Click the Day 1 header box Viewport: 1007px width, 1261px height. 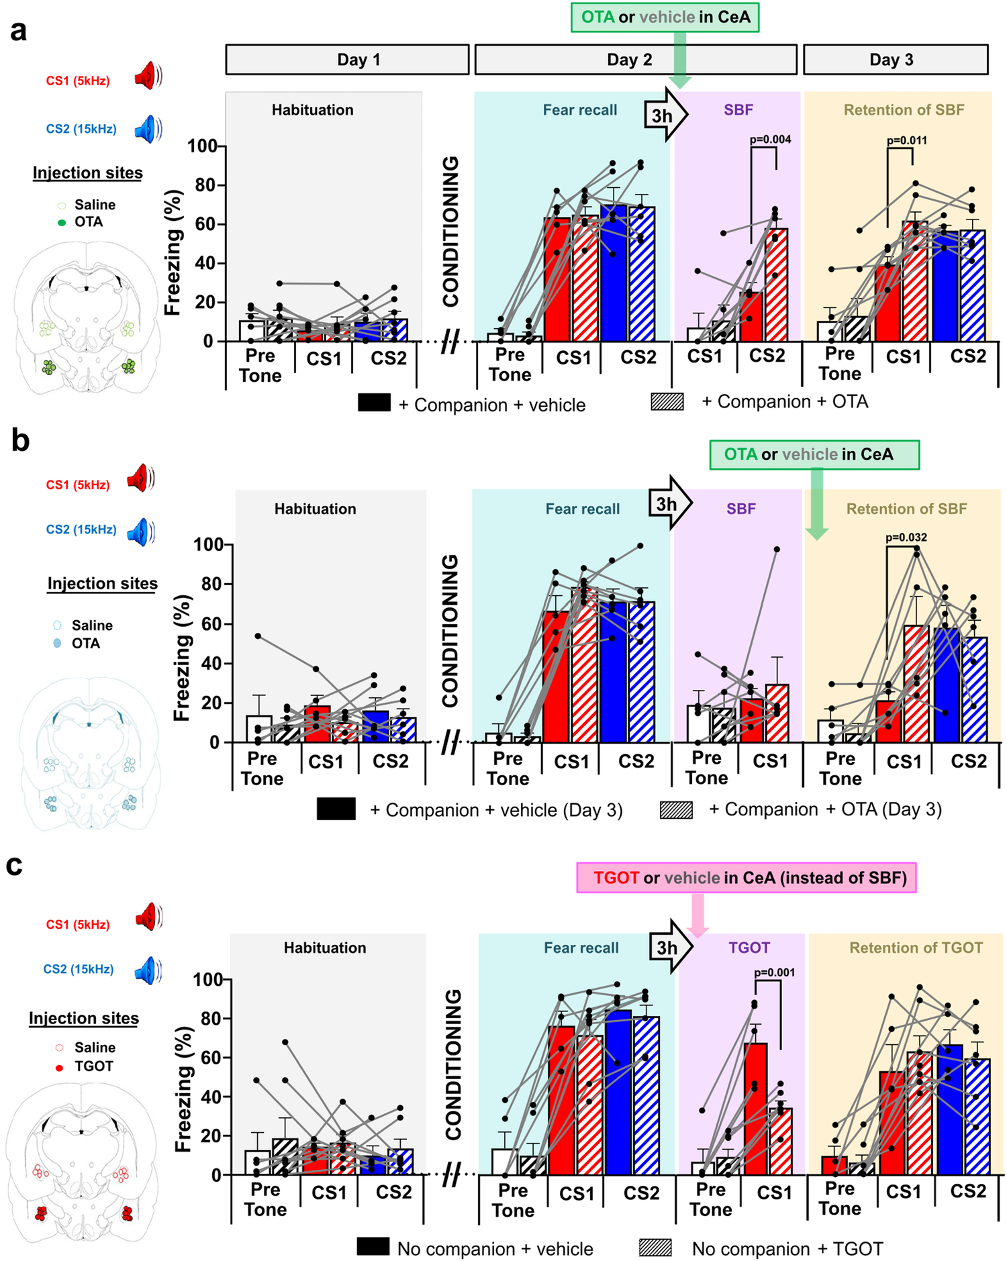point(347,60)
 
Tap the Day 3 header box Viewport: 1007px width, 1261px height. point(895,60)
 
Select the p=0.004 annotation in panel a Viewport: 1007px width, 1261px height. point(770,140)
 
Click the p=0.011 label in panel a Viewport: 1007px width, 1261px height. point(906,140)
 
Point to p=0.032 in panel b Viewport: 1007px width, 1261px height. point(906,537)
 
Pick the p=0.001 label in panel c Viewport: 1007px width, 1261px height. point(774,972)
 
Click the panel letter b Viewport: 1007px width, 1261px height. point(20,441)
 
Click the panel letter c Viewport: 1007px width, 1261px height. point(15,866)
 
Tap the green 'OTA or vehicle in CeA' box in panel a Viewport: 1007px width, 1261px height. point(665,17)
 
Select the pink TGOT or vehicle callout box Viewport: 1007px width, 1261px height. point(746,878)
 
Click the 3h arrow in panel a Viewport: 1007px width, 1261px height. point(665,115)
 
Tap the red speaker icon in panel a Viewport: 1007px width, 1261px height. point(147,76)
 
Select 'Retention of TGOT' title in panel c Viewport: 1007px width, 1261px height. point(916,948)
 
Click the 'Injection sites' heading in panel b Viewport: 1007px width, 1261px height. point(102,584)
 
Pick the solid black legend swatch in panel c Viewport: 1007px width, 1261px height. point(373,1247)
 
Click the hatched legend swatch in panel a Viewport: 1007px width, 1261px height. point(667,402)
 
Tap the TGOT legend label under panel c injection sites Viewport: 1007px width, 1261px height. point(93,1066)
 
